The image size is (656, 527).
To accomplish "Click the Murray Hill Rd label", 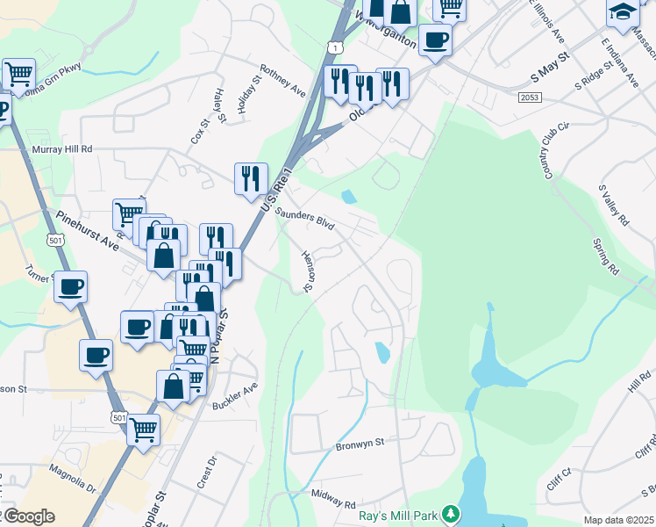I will tap(62, 149).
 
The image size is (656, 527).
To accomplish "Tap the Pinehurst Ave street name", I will tap(87, 227).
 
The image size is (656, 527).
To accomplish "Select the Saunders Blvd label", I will tap(305, 220).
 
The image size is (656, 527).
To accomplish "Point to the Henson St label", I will tap(308, 271).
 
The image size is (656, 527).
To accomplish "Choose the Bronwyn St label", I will tap(360, 446).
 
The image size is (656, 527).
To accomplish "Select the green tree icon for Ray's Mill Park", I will tap(450, 513).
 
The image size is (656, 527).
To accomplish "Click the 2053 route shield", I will tap(529, 97).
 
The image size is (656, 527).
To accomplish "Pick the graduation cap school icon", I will tap(622, 12).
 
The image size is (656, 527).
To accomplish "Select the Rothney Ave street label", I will tap(283, 80).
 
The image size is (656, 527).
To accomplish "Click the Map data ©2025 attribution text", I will tap(618, 520).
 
